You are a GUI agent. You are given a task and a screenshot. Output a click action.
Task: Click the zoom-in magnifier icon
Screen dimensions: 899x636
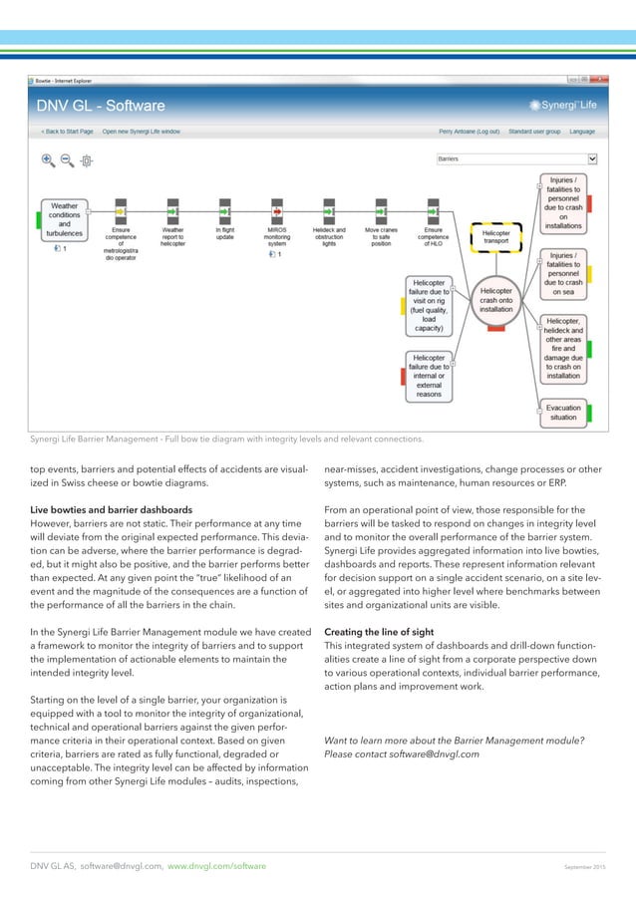(47, 159)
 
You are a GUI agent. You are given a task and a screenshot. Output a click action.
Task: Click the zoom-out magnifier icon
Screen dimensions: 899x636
(67, 159)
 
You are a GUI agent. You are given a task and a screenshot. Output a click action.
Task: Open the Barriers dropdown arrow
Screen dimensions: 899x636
(592, 157)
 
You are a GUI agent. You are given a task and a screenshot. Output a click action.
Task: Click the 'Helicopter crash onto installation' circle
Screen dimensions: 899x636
(495, 295)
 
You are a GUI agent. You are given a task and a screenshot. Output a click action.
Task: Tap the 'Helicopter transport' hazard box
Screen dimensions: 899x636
(495, 235)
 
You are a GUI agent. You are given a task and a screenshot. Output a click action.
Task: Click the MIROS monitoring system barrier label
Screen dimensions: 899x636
(278, 236)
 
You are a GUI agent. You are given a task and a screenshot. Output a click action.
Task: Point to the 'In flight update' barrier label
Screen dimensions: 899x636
(225, 233)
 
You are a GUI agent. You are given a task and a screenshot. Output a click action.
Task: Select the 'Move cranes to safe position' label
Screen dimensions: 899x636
(380, 236)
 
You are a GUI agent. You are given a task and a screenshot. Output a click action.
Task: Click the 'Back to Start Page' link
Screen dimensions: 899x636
(68, 131)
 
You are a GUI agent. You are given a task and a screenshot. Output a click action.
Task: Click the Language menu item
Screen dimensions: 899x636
(582, 131)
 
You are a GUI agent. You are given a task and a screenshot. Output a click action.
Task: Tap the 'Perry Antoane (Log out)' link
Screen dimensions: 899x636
(469, 131)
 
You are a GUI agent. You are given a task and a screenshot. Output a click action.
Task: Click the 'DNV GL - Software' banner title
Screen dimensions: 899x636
(101, 106)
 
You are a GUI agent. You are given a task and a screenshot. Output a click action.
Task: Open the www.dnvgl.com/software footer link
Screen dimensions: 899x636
(216, 867)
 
